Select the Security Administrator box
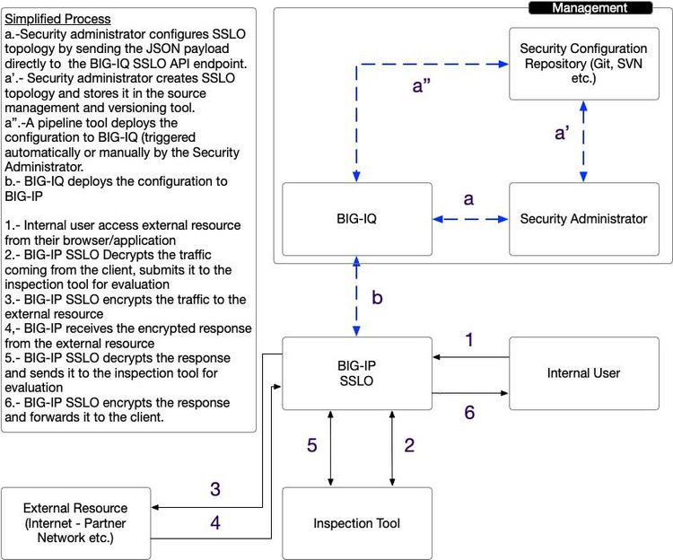point(583,218)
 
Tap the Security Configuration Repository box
point(583,63)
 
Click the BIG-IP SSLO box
point(357,372)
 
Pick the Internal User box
point(583,372)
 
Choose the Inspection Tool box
point(357,523)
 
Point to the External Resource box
point(75,523)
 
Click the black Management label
point(589,7)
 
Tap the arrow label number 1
point(468,340)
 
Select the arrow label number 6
point(468,412)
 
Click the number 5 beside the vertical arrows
point(311,447)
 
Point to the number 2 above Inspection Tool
point(409,447)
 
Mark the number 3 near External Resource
point(215,490)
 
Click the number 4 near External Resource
point(215,522)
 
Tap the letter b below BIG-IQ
point(377,298)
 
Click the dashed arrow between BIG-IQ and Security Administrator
point(469,218)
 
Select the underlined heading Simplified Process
point(58,19)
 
